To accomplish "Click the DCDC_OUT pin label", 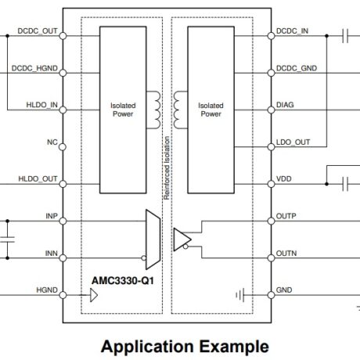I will tap(34, 32).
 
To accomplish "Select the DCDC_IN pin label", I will tap(293, 32).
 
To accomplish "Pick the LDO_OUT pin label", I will tap(293, 143).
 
